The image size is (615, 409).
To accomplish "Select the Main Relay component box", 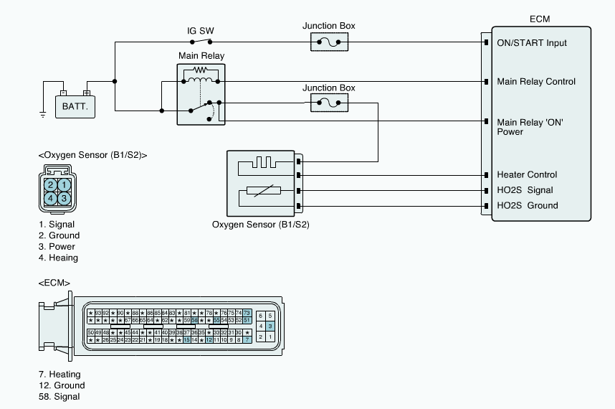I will coord(201,94).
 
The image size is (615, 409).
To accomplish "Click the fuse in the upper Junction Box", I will coord(329,43).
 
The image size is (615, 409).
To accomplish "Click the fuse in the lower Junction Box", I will coord(329,105).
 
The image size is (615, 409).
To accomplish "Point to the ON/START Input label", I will coord(531,43).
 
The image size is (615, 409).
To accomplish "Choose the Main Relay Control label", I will coord(536,82).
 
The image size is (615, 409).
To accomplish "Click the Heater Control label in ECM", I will coord(527,175).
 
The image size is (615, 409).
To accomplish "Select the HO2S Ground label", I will coord(528,206).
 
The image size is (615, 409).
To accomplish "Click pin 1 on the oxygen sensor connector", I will coord(64,185).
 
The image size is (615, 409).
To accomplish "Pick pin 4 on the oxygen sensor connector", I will coord(50,198).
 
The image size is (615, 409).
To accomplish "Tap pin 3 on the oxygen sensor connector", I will coord(64,198).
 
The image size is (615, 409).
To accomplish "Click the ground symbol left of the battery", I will coord(43,114).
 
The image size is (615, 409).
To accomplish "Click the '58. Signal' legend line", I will coord(59,397).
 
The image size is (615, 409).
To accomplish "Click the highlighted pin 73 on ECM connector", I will coord(247,313).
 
